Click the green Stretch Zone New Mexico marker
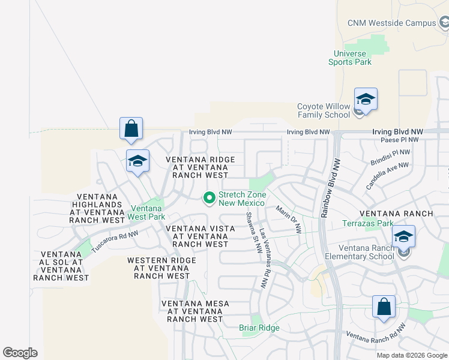point(209,197)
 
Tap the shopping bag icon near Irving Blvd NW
point(131,128)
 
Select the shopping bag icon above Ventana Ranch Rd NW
point(384,307)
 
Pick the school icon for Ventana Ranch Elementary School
point(403,236)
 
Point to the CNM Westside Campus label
point(391,23)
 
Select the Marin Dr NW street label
point(288,219)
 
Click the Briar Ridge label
point(259,328)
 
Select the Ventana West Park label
point(148,212)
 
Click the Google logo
point(20,353)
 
